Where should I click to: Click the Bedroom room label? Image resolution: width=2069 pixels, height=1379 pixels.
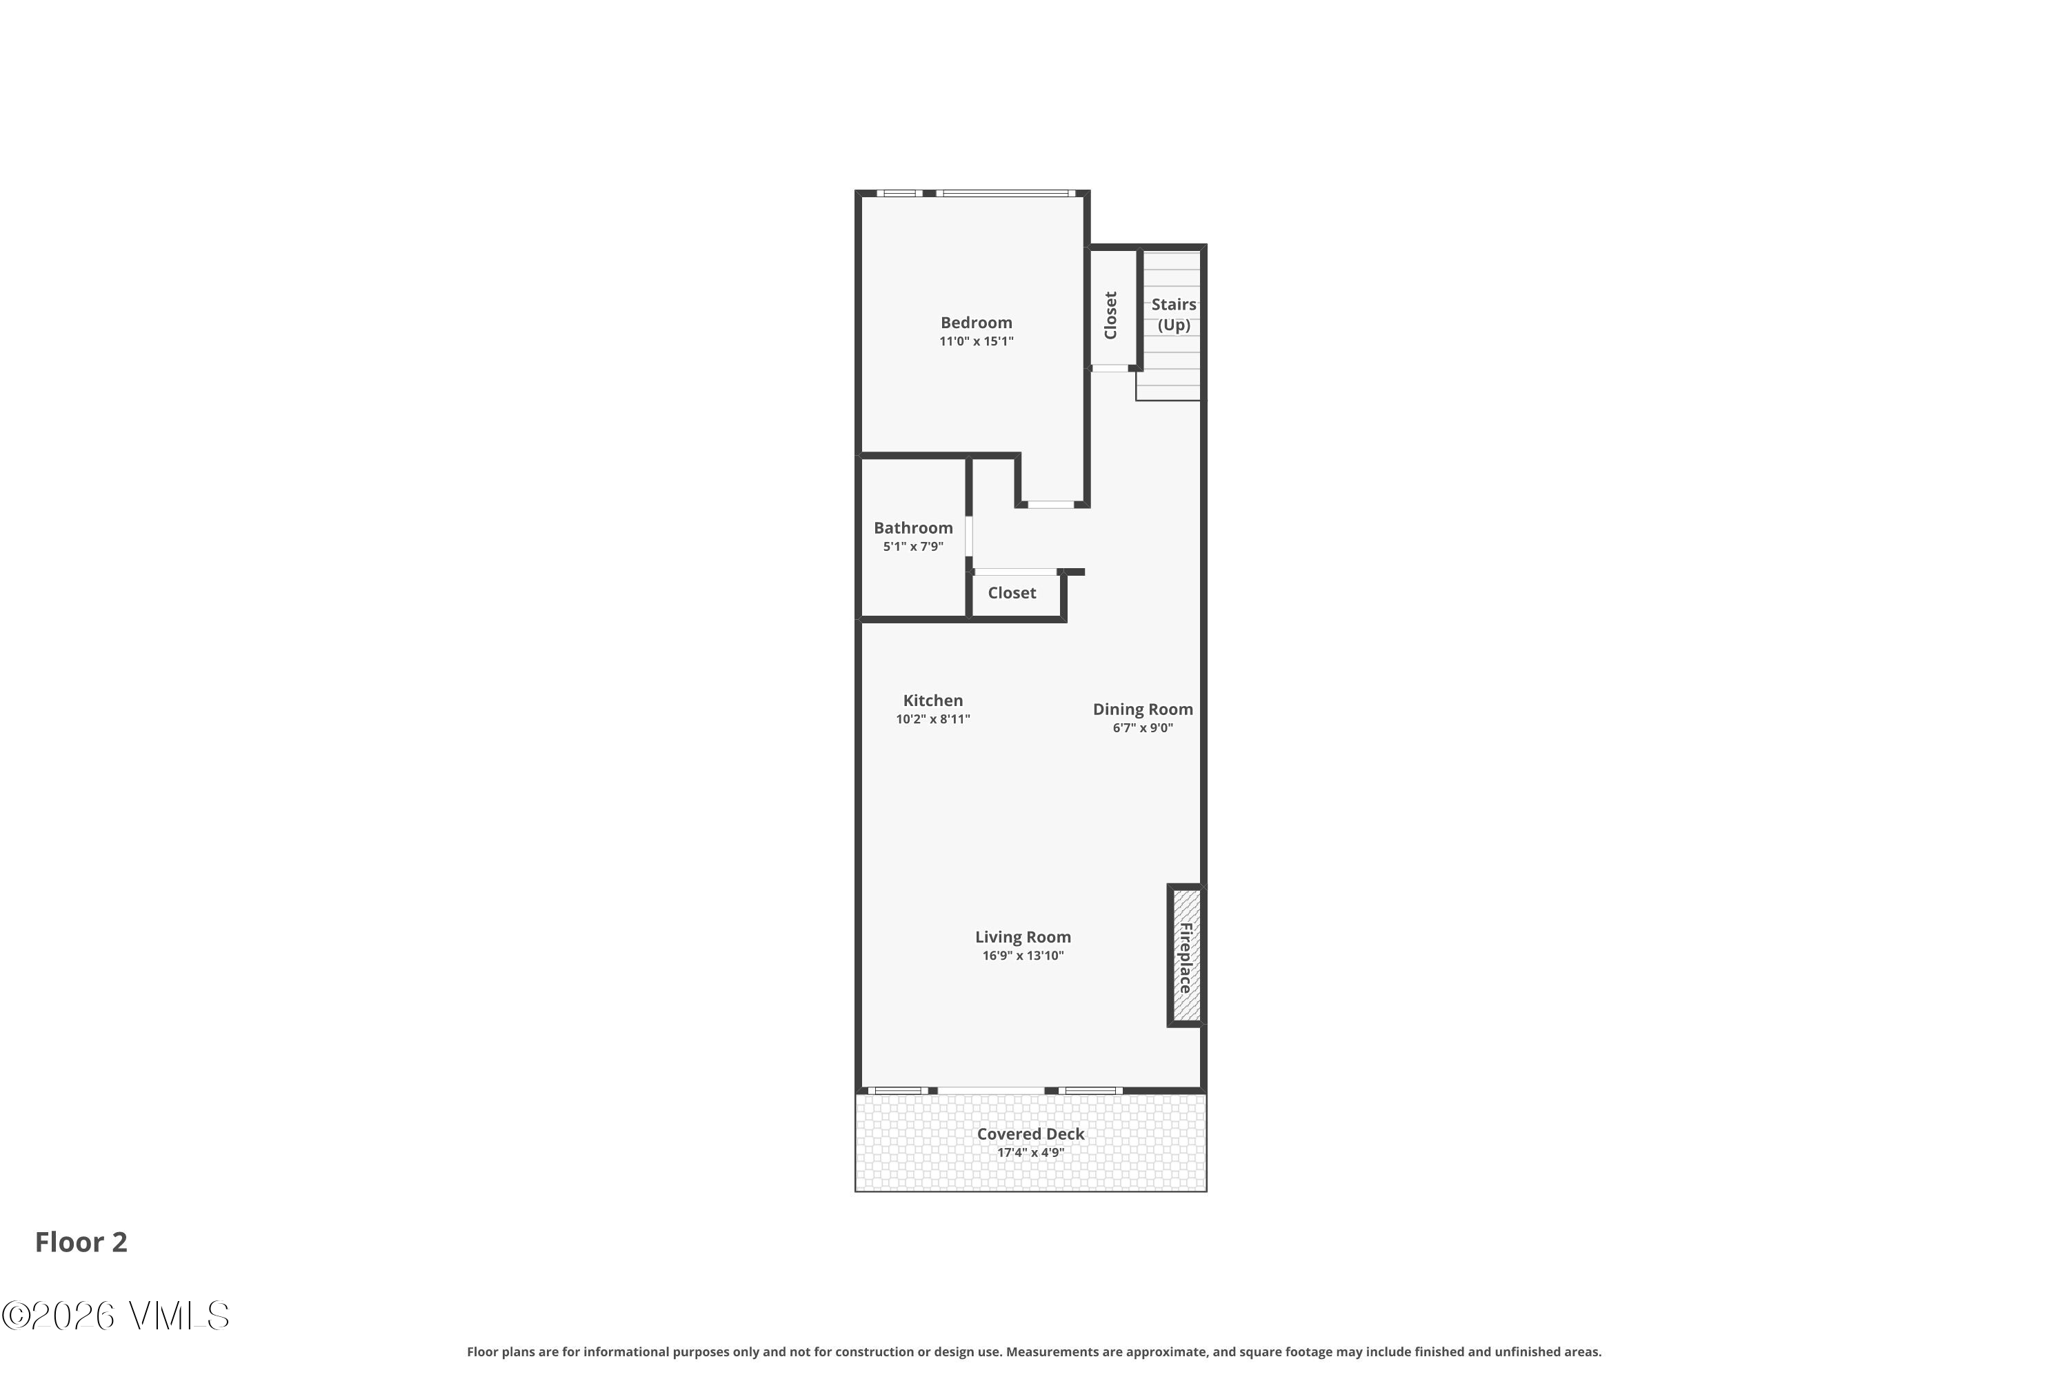[977, 323]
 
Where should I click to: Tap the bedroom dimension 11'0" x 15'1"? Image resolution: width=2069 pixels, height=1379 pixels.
[977, 341]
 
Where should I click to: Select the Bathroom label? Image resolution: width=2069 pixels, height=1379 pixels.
[913, 527]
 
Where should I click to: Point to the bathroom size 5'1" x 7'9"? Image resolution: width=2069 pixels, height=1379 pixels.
[913, 546]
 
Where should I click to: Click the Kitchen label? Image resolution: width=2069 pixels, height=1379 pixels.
[933, 700]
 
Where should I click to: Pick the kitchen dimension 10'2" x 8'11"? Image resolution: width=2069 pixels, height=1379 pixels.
[933, 718]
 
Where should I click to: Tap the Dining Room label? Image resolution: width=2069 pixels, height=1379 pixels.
[1143, 709]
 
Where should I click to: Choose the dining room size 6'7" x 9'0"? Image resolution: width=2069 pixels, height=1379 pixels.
[1143, 727]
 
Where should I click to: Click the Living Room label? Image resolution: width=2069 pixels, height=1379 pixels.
[1023, 936]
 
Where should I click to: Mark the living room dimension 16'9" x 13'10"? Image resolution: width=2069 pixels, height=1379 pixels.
[1023, 955]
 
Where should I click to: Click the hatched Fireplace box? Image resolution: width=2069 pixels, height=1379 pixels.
[1186, 956]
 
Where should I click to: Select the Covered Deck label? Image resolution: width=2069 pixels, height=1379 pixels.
[1031, 1134]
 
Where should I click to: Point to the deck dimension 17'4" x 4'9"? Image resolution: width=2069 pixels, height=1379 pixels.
[1031, 1152]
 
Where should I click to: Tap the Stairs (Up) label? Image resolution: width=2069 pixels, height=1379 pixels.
[1174, 314]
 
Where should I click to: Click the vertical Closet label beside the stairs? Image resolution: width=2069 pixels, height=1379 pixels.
[1110, 315]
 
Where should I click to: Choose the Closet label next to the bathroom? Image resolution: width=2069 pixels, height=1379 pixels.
[1012, 593]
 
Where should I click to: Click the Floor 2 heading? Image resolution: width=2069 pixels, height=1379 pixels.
[81, 1242]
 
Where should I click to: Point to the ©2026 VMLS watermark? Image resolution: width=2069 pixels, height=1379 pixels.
[115, 1316]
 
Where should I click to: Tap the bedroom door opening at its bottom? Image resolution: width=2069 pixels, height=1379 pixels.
[1051, 504]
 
